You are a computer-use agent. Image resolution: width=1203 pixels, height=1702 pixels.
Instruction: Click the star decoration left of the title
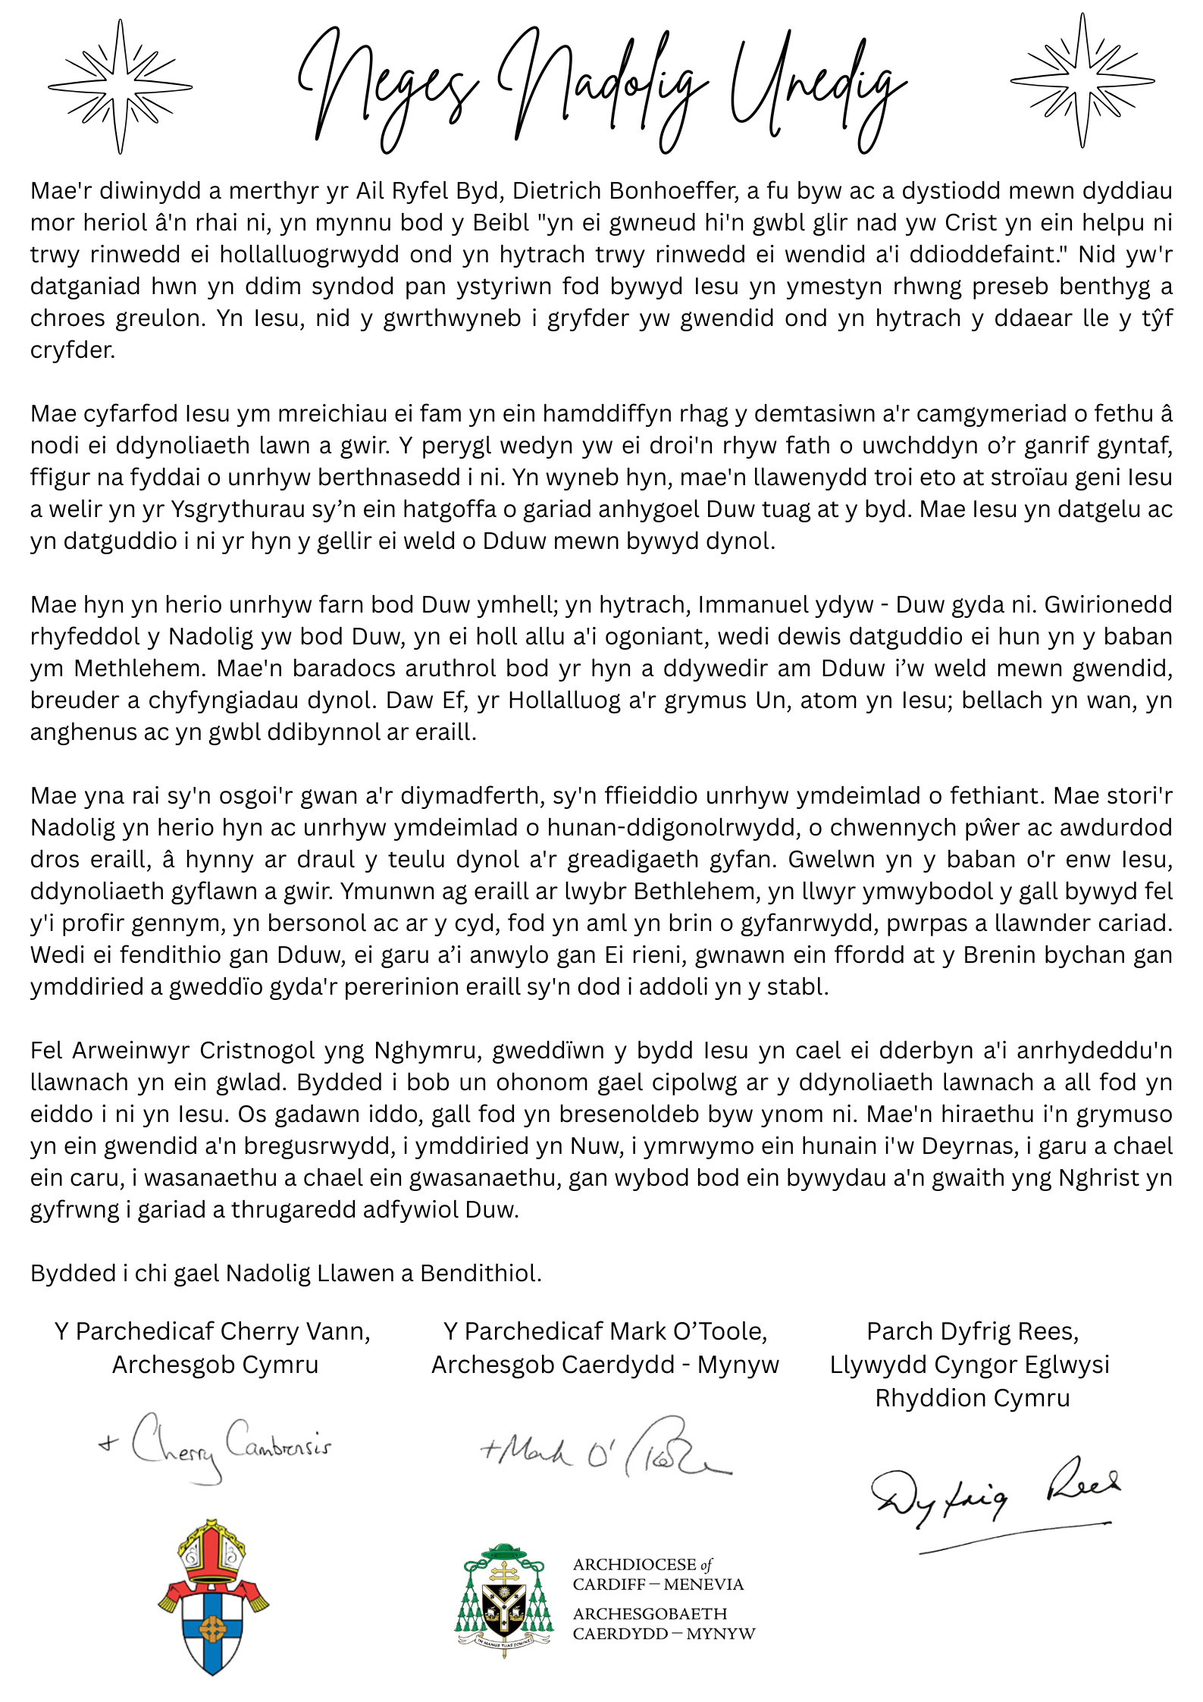coord(120,86)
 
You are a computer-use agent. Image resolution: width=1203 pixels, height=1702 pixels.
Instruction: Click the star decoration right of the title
coord(1082,80)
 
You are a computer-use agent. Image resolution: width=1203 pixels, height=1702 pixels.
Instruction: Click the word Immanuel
coord(759,604)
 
